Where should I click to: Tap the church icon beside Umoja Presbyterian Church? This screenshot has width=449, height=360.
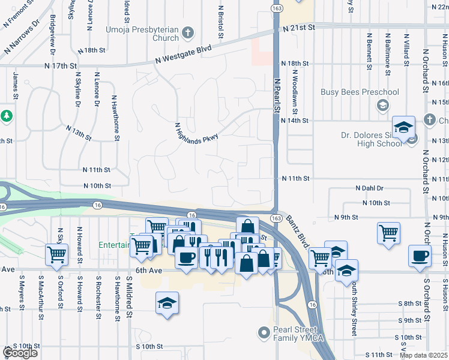pos(188,32)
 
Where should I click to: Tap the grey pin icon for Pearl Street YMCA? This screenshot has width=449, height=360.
pos(263,332)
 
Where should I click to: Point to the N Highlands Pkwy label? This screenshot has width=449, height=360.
pos(196,130)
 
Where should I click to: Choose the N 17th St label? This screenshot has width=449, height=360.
pos(61,65)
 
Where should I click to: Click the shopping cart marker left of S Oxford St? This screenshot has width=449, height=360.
pos(56,254)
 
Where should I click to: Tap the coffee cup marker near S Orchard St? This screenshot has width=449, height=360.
pos(419,255)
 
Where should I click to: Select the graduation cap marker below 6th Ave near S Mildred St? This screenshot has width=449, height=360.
pos(167,302)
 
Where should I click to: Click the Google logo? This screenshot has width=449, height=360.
pos(19,353)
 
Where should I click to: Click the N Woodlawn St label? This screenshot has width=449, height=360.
pos(295,83)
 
